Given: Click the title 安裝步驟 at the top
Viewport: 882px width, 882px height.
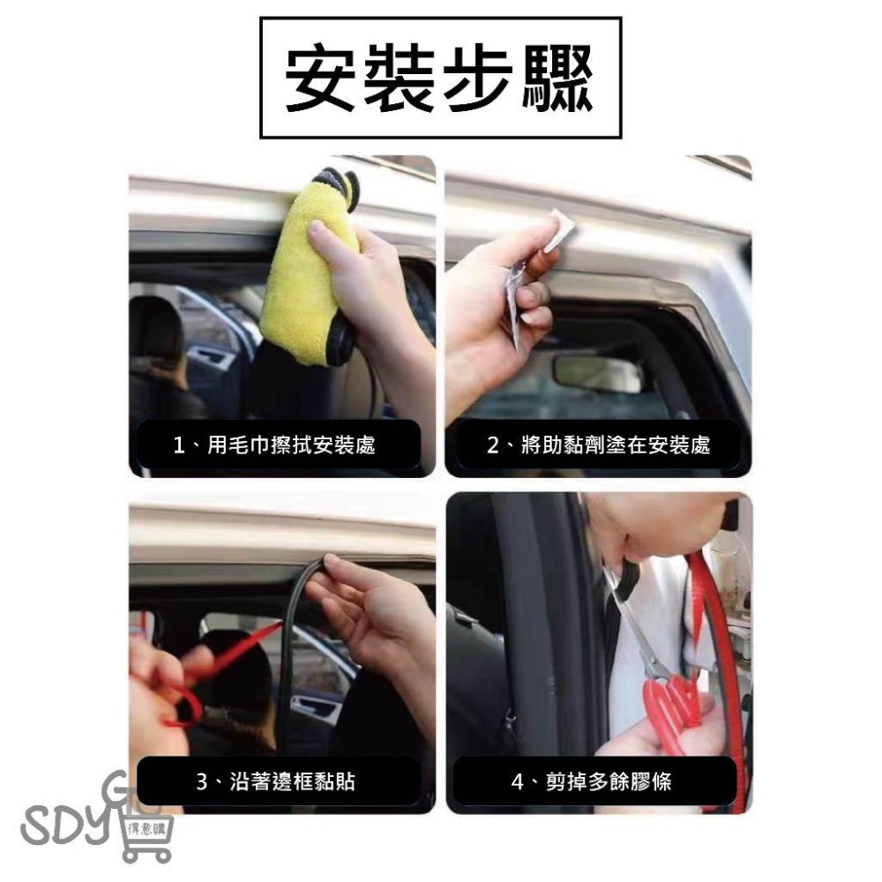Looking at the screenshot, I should pos(440,78).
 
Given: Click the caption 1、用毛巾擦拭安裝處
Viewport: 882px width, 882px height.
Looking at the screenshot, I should pos(274,445).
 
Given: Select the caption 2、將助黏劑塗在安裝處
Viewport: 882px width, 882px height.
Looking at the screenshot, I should pos(599,445).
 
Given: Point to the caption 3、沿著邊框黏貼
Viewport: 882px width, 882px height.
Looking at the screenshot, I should pos(276,781).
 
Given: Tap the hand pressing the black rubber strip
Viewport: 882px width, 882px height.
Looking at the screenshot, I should pos(375,617).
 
